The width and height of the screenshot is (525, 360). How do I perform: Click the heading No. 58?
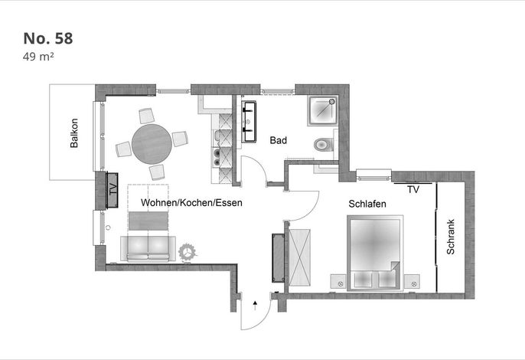(x=48, y=38)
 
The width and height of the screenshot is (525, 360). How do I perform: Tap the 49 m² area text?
(x=38, y=57)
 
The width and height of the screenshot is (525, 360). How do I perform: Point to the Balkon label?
(x=74, y=133)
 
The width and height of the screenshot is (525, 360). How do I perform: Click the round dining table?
(x=152, y=144)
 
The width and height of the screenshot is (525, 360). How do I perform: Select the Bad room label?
(x=279, y=140)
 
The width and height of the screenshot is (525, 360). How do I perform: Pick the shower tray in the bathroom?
(x=323, y=110)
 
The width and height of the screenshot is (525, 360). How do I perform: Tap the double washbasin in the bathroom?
(x=249, y=122)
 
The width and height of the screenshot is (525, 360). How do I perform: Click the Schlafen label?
(x=367, y=204)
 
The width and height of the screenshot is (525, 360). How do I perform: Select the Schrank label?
(x=451, y=237)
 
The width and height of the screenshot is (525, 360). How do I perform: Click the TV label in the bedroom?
(x=413, y=189)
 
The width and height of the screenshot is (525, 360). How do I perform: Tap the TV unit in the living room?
(x=112, y=190)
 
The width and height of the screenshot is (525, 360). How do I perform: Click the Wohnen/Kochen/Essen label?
(x=191, y=202)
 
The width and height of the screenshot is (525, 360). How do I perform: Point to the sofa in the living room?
(x=148, y=248)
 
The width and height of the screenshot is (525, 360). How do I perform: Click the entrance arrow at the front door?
(x=255, y=305)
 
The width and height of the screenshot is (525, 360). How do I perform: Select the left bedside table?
(x=338, y=281)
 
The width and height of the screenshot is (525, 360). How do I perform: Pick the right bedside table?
(x=412, y=281)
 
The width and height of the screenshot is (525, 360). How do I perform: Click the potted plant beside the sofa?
(x=187, y=253)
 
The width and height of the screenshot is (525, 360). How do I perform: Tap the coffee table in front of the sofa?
(x=148, y=221)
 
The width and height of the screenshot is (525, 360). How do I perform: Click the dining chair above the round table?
(x=147, y=116)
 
